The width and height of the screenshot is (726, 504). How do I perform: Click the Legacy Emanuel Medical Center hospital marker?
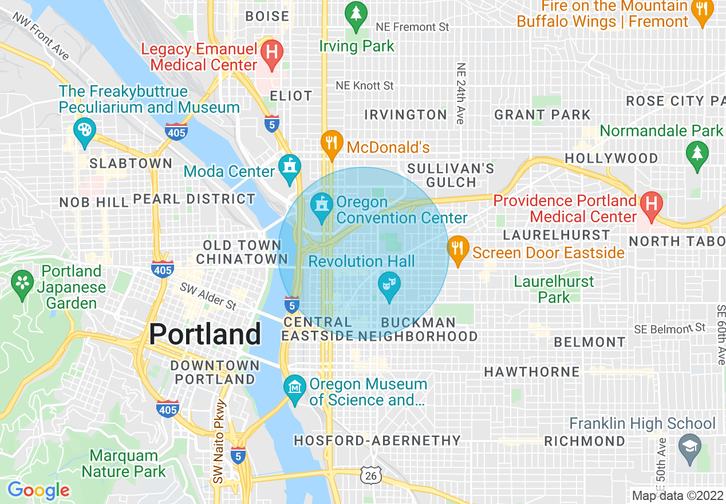coord(272,52)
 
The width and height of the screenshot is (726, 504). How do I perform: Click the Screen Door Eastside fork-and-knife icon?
coord(457,249)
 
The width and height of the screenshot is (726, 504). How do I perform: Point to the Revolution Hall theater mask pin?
coord(389,285)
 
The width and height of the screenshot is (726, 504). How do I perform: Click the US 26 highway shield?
coord(371,474)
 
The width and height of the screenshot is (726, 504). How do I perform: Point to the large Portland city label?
coord(206,333)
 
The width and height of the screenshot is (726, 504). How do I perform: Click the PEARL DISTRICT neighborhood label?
coord(194,199)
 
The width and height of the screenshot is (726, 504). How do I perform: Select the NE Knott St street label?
coord(365,85)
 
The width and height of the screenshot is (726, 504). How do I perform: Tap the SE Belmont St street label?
coord(670,329)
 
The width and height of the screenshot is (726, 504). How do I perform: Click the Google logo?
coord(38,490)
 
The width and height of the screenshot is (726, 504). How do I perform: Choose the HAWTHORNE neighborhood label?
coord(532,372)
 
